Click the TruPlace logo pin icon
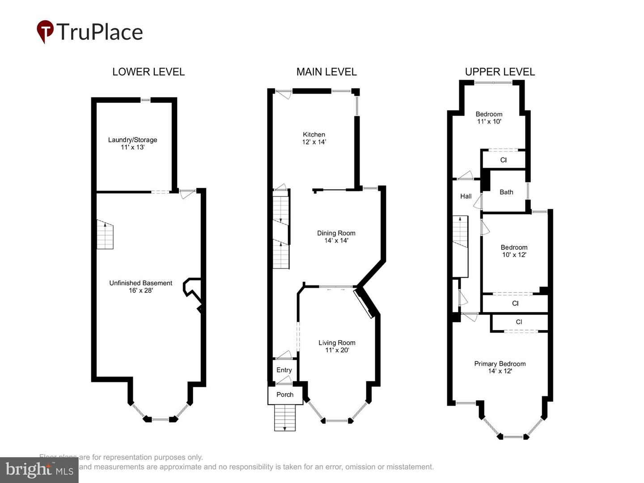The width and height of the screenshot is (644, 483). (45, 31)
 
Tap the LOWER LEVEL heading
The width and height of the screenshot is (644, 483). (148, 72)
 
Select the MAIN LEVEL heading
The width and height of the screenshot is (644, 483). (326, 72)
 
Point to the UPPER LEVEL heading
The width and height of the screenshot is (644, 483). (500, 72)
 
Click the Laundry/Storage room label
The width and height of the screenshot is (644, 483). (132, 143)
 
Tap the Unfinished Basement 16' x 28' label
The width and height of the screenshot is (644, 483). (140, 287)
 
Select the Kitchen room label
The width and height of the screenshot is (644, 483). (314, 138)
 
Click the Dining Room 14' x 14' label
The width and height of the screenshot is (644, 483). (336, 237)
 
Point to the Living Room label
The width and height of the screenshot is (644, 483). (337, 346)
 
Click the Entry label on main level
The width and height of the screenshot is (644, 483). (284, 370)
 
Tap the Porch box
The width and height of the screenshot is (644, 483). (285, 395)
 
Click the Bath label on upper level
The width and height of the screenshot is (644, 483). (506, 192)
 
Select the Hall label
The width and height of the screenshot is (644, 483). (466, 196)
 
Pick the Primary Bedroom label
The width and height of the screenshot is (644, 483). (500, 367)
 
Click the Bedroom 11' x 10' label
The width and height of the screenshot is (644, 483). (489, 118)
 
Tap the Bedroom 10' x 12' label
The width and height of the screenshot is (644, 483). (514, 251)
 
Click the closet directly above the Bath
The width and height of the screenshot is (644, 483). (504, 160)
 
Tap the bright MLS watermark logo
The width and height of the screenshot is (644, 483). (39, 470)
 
